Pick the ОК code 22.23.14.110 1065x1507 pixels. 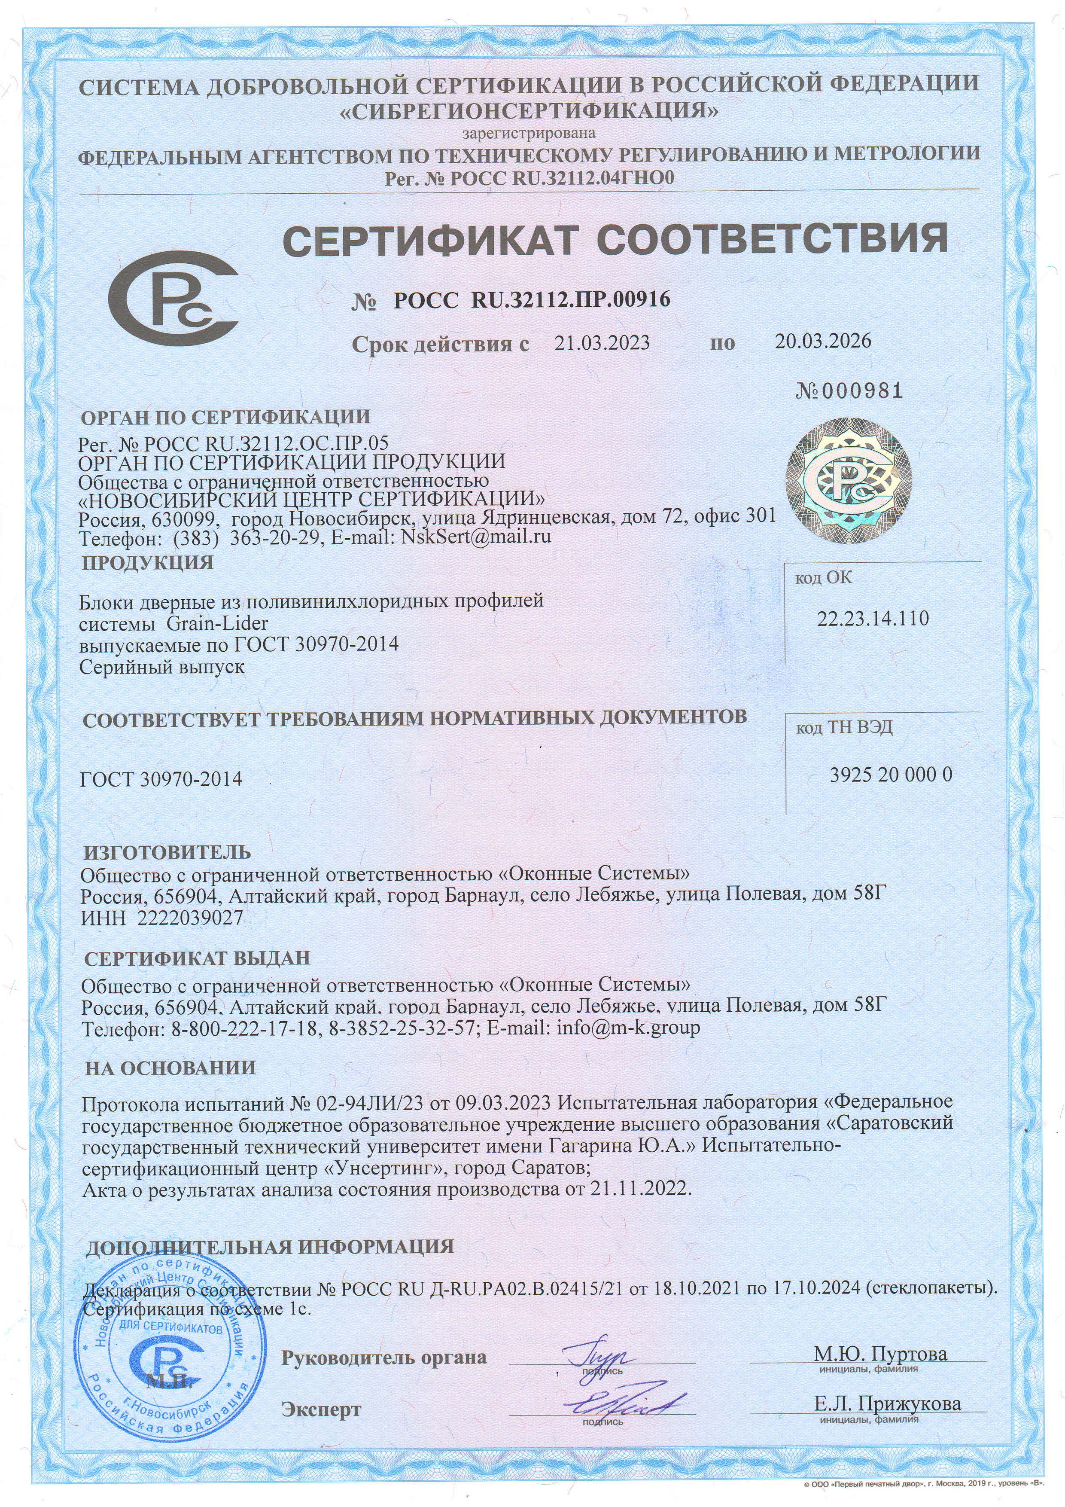tap(873, 618)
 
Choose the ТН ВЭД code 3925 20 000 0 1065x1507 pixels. tap(891, 775)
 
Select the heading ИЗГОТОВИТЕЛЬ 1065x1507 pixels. tap(167, 853)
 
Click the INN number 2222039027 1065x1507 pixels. tap(190, 918)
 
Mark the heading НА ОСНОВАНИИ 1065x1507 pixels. tap(170, 1068)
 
